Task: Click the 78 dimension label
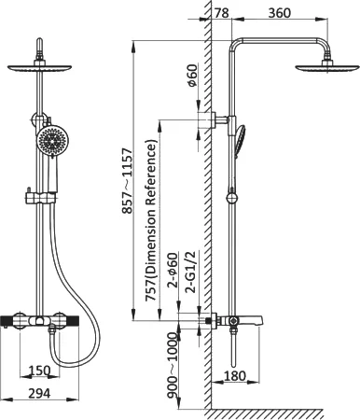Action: pyautogui.click(x=222, y=13)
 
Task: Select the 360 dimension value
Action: pyautogui.click(x=280, y=13)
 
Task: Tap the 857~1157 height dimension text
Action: pyautogui.click(x=127, y=181)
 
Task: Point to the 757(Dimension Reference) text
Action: pyautogui.click(x=151, y=220)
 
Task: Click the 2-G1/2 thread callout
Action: pyautogui.click(x=191, y=272)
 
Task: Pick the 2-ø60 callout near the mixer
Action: pyautogui.click(x=173, y=270)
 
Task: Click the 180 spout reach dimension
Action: pyautogui.click(x=235, y=375)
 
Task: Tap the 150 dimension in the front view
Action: pyautogui.click(x=39, y=371)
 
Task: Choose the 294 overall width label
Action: pyautogui.click(x=39, y=394)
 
